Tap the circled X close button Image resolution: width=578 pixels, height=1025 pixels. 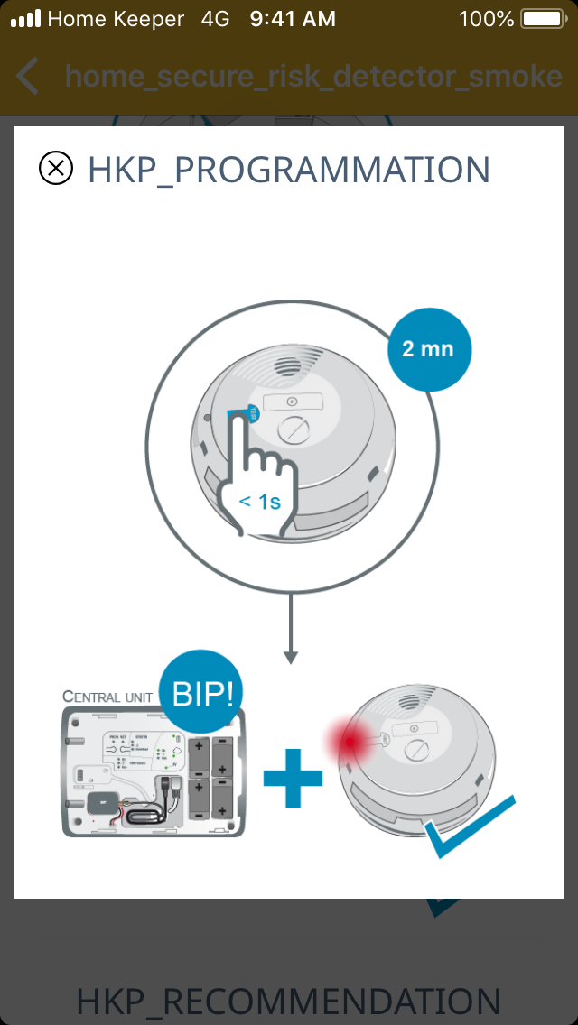(56, 169)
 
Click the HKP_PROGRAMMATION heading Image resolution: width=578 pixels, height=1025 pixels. (289, 170)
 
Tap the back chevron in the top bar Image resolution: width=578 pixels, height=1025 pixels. (28, 77)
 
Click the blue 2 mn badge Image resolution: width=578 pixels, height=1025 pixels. (429, 349)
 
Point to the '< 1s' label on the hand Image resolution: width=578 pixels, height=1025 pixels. (259, 501)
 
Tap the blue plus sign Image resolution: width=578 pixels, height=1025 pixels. (293, 776)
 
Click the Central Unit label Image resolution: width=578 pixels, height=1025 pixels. (108, 696)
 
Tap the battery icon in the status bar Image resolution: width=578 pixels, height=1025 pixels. (542, 19)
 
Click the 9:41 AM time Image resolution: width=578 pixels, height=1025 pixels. (293, 19)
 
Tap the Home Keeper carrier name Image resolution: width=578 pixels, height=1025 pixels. (116, 19)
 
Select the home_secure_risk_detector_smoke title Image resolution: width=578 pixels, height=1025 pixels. (313, 77)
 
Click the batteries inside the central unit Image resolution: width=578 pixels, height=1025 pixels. (211, 780)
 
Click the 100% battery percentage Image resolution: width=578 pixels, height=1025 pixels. (486, 19)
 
